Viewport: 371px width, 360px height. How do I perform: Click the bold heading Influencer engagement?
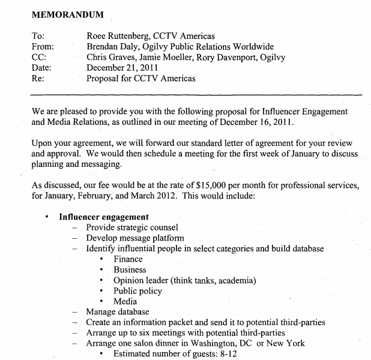[x=103, y=217]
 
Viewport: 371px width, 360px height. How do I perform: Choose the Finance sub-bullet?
[x=128, y=259]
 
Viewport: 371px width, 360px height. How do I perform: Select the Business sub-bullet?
[x=130, y=270]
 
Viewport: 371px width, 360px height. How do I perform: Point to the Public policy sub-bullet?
[x=137, y=291]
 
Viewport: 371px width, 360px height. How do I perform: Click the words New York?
[x=283, y=343]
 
